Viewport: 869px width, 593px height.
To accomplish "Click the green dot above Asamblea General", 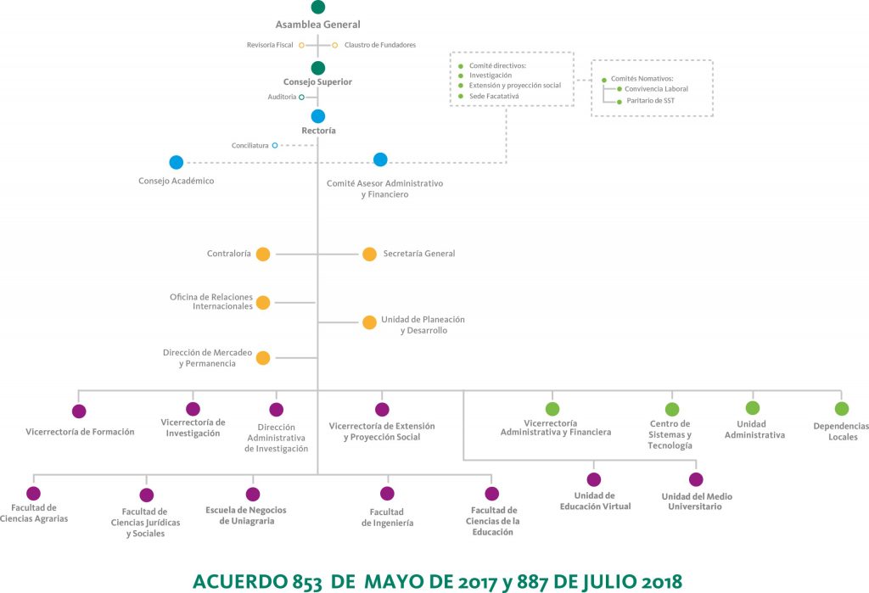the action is [x=317, y=7].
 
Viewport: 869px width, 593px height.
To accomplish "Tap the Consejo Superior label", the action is [x=317, y=82].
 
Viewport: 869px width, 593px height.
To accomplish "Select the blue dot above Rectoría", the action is [x=318, y=116].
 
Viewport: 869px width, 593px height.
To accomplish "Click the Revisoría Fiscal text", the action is [x=270, y=45].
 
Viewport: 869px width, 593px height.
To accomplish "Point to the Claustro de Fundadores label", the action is [x=380, y=45].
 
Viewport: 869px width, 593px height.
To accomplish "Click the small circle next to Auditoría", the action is [x=301, y=97].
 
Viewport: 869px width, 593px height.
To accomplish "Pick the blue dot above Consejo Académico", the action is [x=177, y=162].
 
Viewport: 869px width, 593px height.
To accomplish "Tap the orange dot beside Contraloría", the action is [x=263, y=255].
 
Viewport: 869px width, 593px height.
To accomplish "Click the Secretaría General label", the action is [x=419, y=254].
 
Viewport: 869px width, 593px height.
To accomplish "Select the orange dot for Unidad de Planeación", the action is [x=370, y=322].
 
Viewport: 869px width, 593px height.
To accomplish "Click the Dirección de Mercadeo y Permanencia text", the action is [x=207, y=358].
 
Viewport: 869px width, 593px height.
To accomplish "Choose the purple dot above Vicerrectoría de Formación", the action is [x=79, y=411].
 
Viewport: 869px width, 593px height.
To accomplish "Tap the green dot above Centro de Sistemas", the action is [x=672, y=410].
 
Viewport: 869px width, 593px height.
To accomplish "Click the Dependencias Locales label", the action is [x=842, y=432].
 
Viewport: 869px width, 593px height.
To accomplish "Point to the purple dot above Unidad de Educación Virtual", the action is [x=594, y=479].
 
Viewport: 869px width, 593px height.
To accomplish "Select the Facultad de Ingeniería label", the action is [x=387, y=517].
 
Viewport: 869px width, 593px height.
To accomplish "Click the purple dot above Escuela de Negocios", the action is [x=253, y=494].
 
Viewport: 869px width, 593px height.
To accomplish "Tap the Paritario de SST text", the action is [x=651, y=101].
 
